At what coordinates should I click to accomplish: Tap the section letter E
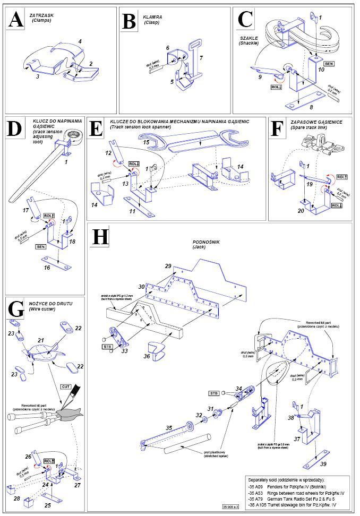tap(97, 130)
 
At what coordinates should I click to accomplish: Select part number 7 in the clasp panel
tap(201, 57)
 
